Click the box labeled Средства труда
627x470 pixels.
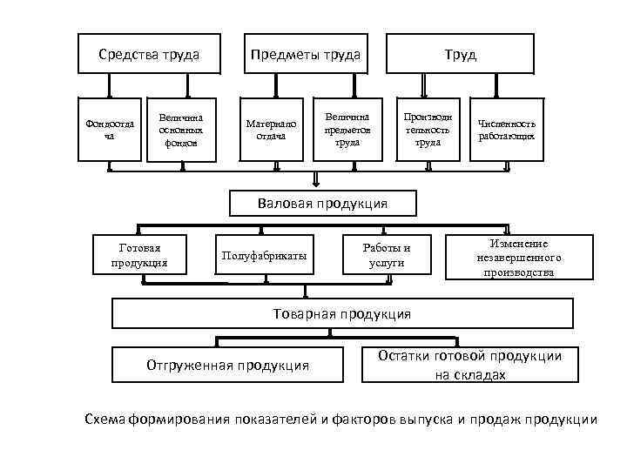(x=149, y=55)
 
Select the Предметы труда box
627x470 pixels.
(x=306, y=55)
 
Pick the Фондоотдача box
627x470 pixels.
(x=109, y=129)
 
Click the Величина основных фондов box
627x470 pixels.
(x=181, y=129)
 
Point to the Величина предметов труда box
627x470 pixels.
(x=347, y=129)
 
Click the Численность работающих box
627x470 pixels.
(x=507, y=129)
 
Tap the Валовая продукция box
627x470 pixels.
(x=322, y=203)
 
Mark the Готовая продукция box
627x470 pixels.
(x=139, y=254)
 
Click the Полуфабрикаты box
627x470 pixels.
(x=265, y=255)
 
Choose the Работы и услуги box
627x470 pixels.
(x=386, y=255)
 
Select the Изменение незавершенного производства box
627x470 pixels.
(x=519, y=258)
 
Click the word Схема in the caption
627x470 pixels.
(x=104, y=420)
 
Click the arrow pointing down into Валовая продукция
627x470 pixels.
(x=315, y=180)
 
